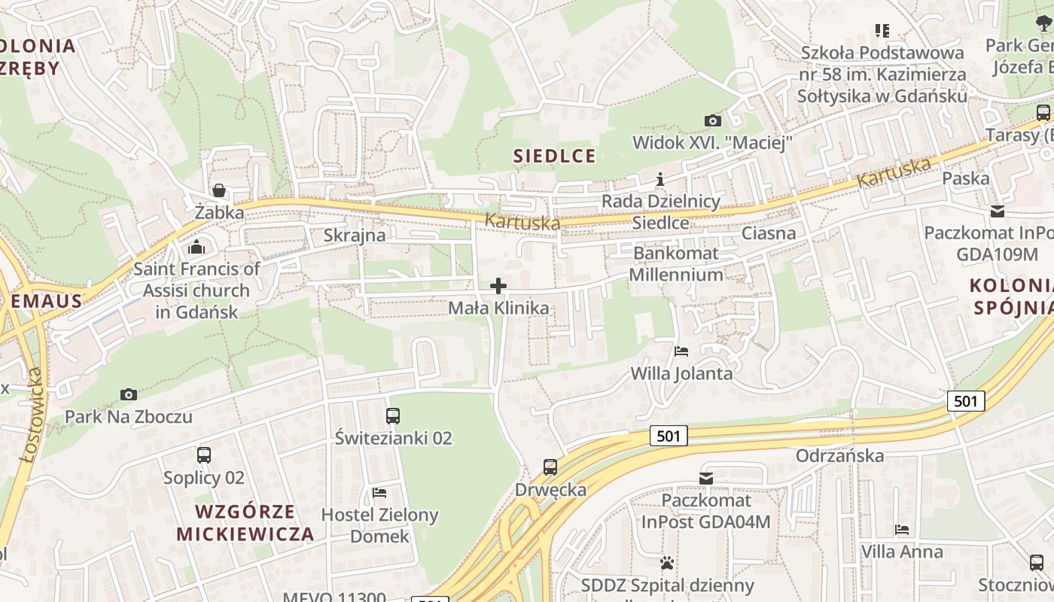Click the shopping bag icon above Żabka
point(219,190)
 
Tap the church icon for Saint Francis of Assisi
point(196,246)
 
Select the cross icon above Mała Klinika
point(498,286)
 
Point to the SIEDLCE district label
point(554,156)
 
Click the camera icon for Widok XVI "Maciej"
point(712,120)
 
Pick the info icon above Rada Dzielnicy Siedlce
point(660,179)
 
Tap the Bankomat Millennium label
point(676,263)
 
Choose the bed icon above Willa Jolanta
point(681,351)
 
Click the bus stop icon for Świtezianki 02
point(393,415)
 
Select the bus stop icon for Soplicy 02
point(204,455)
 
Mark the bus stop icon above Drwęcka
point(550,467)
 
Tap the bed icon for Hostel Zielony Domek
point(379,493)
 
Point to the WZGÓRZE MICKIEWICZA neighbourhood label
point(245,523)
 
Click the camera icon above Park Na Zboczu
point(129,394)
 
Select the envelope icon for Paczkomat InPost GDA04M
point(706,478)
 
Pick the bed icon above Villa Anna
point(902,530)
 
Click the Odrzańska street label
point(839,455)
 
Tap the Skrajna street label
point(354,235)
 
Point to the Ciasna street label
point(769,233)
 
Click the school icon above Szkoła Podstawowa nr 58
point(882,31)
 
